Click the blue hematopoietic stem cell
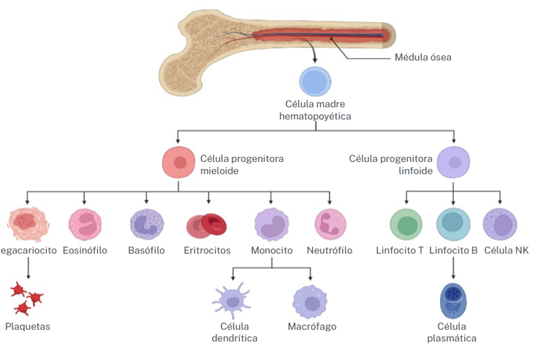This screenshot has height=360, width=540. click(x=314, y=82)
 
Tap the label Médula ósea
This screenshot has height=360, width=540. click(x=423, y=58)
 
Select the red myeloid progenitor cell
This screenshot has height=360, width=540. click(x=178, y=162)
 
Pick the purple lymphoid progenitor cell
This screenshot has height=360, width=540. click(x=454, y=162)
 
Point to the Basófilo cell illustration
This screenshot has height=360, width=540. click(x=147, y=223)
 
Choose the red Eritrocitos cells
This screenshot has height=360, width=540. click(x=207, y=225)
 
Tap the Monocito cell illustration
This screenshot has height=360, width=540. click(x=271, y=223)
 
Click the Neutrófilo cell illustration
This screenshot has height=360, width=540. click(x=330, y=223)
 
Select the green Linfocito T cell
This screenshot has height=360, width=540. click(x=406, y=224)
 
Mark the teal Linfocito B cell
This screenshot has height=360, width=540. click(x=454, y=224)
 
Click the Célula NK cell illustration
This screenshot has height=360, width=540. click(x=501, y=224)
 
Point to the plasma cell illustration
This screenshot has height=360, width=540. click(x=453, y=301)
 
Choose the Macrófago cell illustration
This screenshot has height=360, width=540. click(x=311, y=301)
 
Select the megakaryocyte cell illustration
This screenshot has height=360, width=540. click(x=27, y=223)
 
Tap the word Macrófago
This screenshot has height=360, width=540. click(x=311, y=327)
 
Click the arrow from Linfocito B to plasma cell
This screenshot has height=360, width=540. click(x=454, y=268)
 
